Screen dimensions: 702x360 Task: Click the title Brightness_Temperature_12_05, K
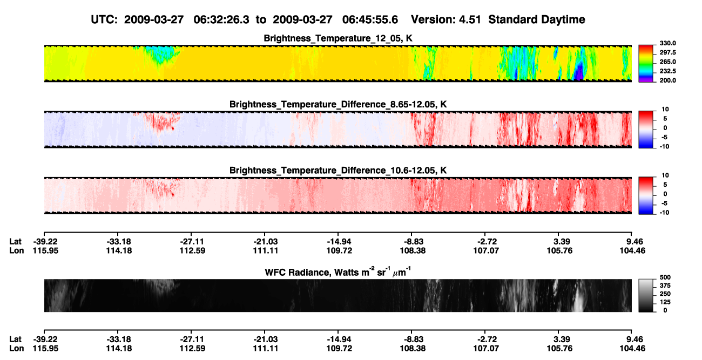[338, 38]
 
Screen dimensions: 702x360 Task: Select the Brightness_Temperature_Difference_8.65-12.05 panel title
[338, 104]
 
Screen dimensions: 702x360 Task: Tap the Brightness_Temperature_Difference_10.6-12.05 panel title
[338, 171]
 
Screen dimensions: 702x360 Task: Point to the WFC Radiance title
[338, 272]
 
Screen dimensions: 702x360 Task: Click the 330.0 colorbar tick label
[667, 43]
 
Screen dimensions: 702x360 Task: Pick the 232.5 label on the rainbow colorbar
[667, 71]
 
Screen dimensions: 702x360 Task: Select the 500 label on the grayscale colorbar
[665, 277]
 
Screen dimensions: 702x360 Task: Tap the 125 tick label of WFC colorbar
[665, 302]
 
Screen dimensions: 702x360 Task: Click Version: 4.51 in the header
[446, 19]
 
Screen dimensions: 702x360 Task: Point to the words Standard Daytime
[537, 19]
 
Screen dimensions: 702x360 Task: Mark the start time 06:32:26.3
[221, 19]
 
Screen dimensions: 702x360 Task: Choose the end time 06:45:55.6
[370, 19]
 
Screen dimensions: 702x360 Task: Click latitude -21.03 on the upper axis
[265, 242]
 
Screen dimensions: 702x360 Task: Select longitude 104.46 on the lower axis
[632, 349]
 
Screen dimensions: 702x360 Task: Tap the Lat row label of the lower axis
[15, 339]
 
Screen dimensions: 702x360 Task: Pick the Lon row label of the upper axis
[16, 250]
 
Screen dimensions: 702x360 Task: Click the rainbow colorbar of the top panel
[646, 64]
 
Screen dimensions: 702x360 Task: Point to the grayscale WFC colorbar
[646, 295]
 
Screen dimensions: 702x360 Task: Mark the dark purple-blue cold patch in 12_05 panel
[579, 71]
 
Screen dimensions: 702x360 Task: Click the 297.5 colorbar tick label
[667, 53]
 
